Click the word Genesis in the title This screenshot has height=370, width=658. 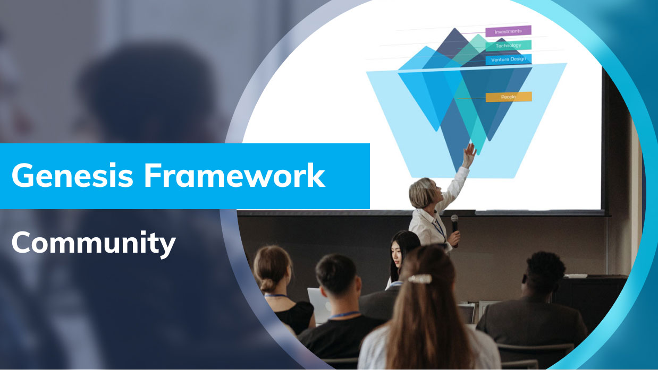pos(72,176)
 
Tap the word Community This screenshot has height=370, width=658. pos(94,243)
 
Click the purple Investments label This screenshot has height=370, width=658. pos(508,31)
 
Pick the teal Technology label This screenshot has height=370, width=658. pos(508,46)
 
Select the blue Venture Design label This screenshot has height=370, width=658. pos(508,59)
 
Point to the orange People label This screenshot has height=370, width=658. pos(508,97)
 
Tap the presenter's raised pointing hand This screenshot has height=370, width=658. pos(469,155)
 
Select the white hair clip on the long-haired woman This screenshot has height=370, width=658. pos(419,278)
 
